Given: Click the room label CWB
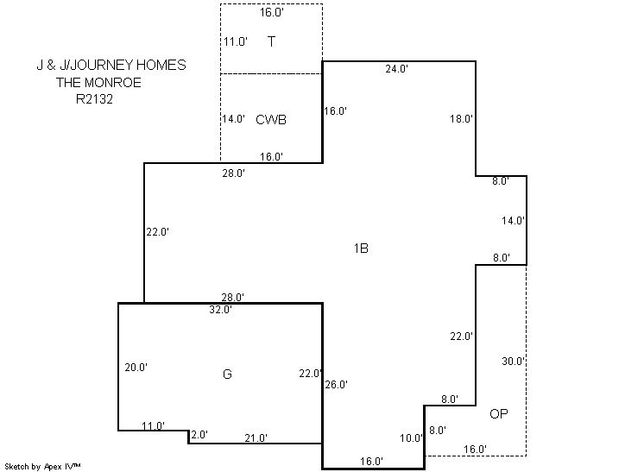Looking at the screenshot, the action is click(x=271, y=119).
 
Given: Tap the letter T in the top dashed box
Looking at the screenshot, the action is click(x=271, y=41).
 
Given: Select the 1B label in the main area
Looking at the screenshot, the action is click(x=361, y=249).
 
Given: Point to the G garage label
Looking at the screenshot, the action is click(x=227, y=374).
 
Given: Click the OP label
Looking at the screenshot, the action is click(x=499, y=413).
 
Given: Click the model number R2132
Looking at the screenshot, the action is click(x=94, y=99).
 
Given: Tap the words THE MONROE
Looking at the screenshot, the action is click(x=98, y=83).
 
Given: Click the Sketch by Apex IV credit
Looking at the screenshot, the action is click(x=42, y=467).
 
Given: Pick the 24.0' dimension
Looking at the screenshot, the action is click(x=396, y=69).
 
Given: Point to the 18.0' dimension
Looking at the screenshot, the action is click(x=461, y=119).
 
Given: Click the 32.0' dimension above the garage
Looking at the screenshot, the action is click(x=220, y=310).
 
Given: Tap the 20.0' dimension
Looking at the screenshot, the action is click(x=136, y=368).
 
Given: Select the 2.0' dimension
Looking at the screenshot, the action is click(x=199, y=435).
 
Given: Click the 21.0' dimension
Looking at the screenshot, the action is click(x=256, y=438).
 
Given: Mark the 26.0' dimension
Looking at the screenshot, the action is click(x=337, y=385).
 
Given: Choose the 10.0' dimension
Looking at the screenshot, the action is click(x=411, y=438).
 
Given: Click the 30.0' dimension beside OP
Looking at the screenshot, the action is click(x=513, y=362).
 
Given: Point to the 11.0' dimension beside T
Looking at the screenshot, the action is click(x=236, y=41).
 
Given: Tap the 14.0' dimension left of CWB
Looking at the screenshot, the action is click(x=234, y=118).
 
